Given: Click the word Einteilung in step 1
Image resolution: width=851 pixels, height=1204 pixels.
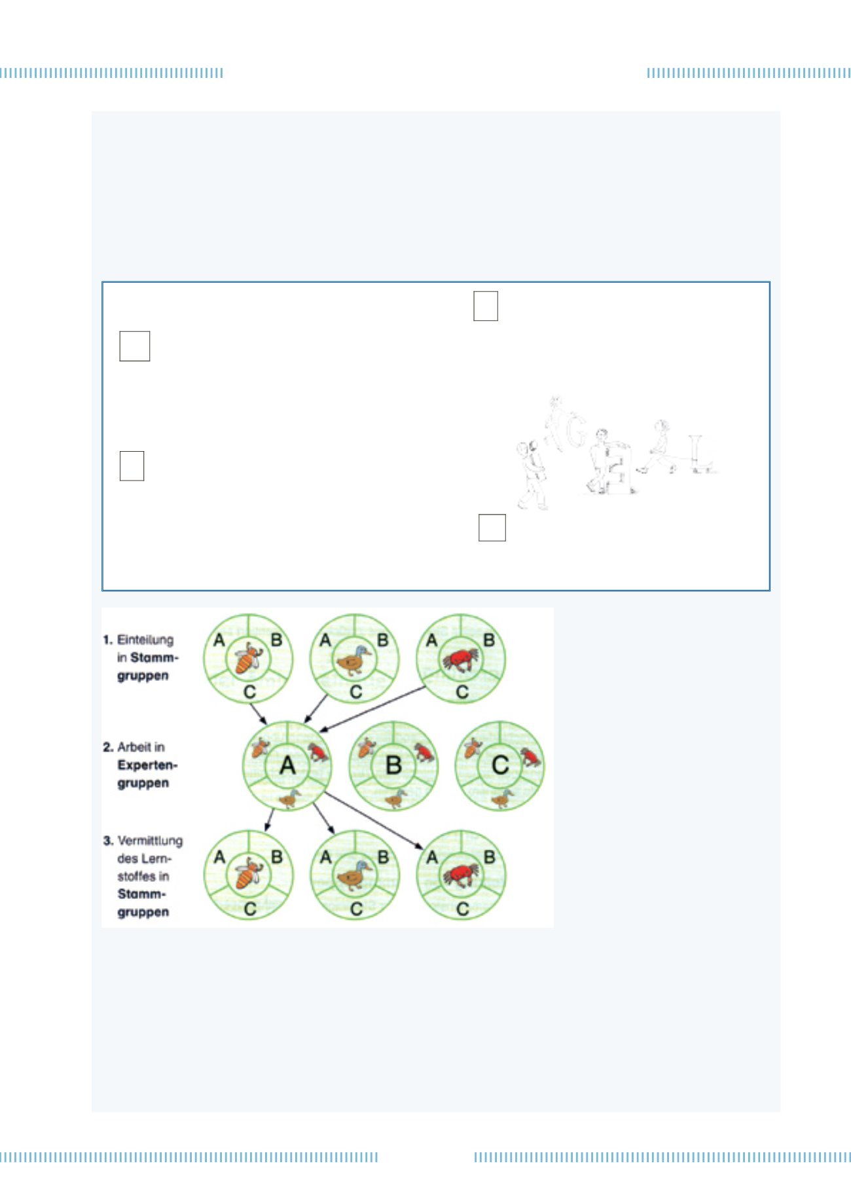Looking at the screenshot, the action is point(145,640).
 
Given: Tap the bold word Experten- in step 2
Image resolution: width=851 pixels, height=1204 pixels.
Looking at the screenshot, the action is point(147,765).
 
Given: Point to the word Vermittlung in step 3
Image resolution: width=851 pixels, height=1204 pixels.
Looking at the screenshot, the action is point(150,841).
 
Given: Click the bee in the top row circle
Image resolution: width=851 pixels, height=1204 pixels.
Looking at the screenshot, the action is point(248,658).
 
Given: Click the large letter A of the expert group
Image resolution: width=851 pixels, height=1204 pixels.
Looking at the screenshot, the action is point(287,765).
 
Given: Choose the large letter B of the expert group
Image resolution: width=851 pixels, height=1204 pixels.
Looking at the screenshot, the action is point(393,765).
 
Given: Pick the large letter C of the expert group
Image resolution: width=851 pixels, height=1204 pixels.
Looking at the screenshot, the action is point(500,765).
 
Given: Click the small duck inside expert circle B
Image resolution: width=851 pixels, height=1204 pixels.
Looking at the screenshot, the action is point(396,797).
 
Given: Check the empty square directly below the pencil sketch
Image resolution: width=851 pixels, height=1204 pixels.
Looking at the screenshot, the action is point(492,528).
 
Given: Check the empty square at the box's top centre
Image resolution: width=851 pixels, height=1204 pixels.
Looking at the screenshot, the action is point(486,306).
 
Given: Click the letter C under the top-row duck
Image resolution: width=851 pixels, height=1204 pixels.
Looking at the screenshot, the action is point(355,692).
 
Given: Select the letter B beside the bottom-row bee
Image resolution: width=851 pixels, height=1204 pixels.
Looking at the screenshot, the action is point(277,857).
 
